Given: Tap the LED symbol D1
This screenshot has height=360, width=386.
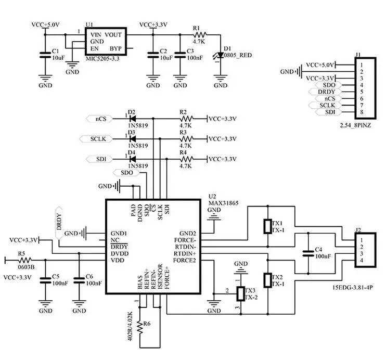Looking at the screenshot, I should click(x=221, y=55).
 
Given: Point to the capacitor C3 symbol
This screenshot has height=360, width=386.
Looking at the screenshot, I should click(x=180, y=56).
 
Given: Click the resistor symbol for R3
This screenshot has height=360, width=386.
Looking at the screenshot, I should click(x=185, y=139).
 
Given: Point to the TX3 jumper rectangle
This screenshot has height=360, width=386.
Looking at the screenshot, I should click(x=240, y=294).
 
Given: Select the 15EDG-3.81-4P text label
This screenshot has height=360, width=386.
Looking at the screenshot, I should click(x=355, y=287).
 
